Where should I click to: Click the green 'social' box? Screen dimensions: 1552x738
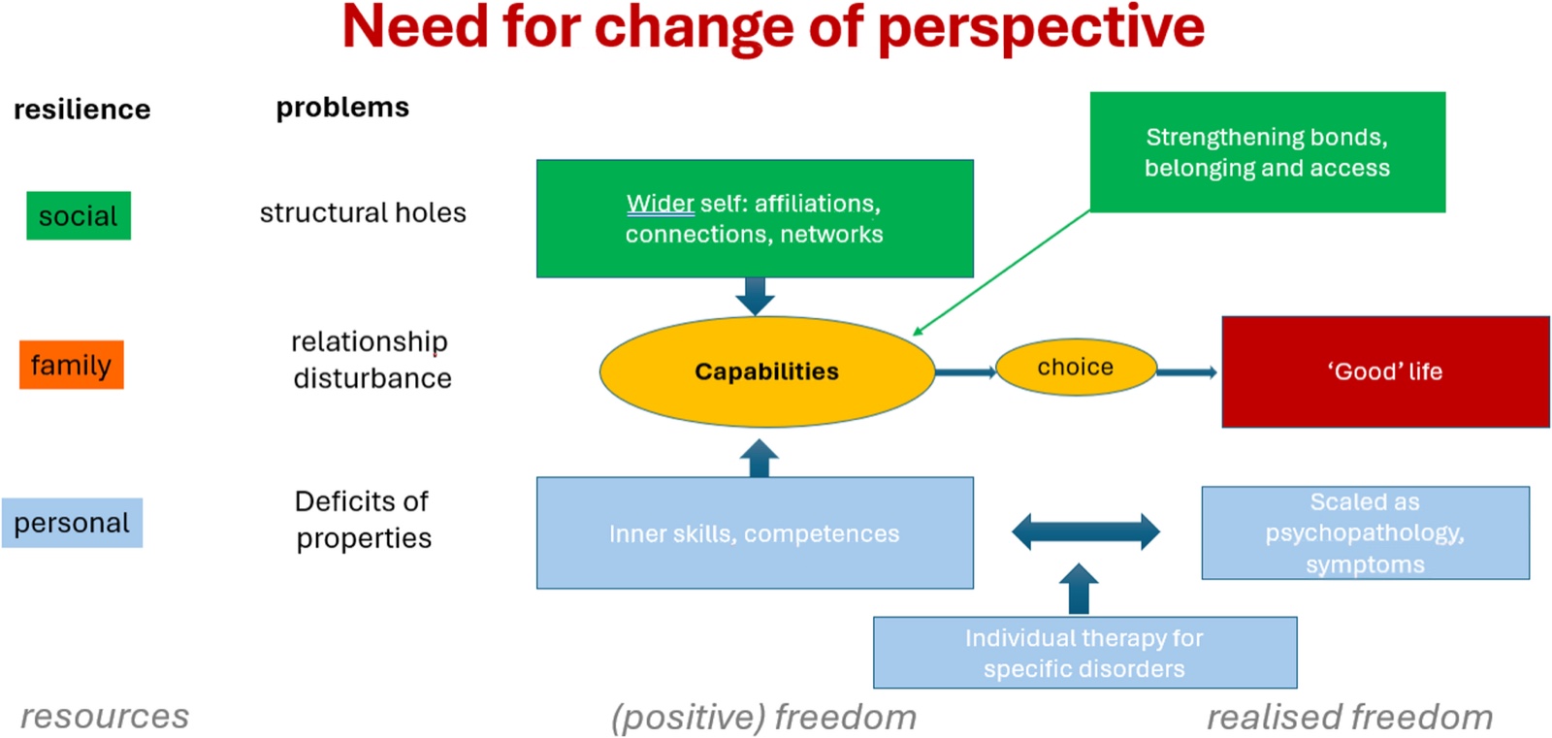coord(79,215)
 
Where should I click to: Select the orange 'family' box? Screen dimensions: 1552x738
coord(72,365)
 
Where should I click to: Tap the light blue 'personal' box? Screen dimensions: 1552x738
coord(72,523)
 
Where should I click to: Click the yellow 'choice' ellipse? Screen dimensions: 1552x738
coord(1076,367)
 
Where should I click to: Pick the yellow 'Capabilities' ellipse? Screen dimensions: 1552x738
coord(767,371)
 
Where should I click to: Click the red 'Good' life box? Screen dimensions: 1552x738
coord(1386,371)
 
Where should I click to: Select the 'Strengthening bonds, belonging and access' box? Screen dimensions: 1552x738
coord(1268,151)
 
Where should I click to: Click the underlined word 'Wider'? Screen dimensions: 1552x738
coord(661,203)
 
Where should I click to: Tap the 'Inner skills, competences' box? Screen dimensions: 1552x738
coord(756,532)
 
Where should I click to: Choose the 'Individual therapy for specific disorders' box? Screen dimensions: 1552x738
coord(1085,653)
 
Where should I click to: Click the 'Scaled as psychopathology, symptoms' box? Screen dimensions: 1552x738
coord(1366,532)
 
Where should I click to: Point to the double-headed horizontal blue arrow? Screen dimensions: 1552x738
coord(1085,532)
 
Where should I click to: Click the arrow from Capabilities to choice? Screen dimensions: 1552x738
coord(966,372)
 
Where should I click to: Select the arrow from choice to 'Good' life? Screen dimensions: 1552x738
coord(1187,372)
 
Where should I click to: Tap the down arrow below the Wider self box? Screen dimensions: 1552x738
coord(756,297)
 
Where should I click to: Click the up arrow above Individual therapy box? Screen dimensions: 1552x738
coord(1079,589)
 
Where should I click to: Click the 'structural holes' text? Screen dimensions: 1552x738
coord(363,212)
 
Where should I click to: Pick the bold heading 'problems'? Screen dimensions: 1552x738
coord(343,108)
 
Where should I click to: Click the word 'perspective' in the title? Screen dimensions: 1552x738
coord(1042,28)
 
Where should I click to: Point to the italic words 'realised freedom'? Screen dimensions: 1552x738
coord(1349,717)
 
